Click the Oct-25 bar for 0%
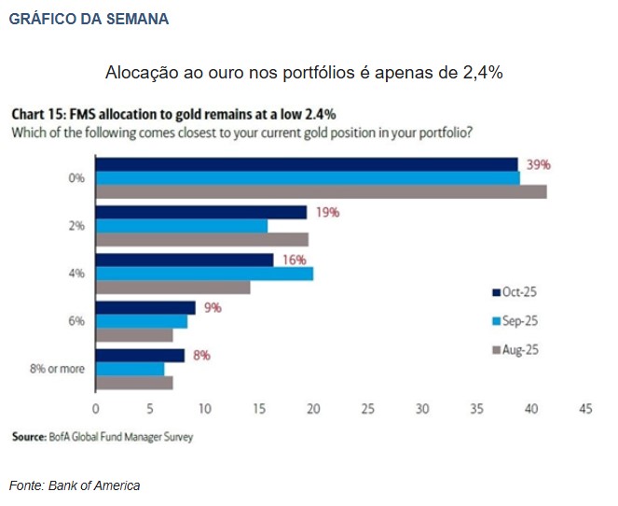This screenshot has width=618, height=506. (x=307, y=164)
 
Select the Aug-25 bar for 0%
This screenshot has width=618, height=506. (x=321, y=191)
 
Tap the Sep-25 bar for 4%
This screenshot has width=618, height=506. (x=204, y=274)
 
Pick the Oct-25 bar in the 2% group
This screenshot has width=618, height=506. (x=200, y=212)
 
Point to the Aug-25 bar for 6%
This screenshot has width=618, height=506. (x=134, y=334)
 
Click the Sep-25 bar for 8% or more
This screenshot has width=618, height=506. (x=130, y=369)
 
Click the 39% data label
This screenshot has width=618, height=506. (x=539, y=164)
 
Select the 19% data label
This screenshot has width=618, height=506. (x=326, y=212)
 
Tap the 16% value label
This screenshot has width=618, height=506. (x=295, y=260)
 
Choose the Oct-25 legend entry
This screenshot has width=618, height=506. (x=515, y=291)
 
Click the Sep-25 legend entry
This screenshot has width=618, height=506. (x=515, y=320)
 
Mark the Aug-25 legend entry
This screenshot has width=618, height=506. (x=515, y=350)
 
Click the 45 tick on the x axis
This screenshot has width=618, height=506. (x=585, y=409)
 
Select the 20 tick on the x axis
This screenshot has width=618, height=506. (x=313, y=409)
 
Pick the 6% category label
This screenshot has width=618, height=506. (x=76, y=320)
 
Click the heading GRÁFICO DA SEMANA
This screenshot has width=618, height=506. (x=89, y=19)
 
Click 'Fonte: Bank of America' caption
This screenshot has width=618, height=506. (x=75, y=485)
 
